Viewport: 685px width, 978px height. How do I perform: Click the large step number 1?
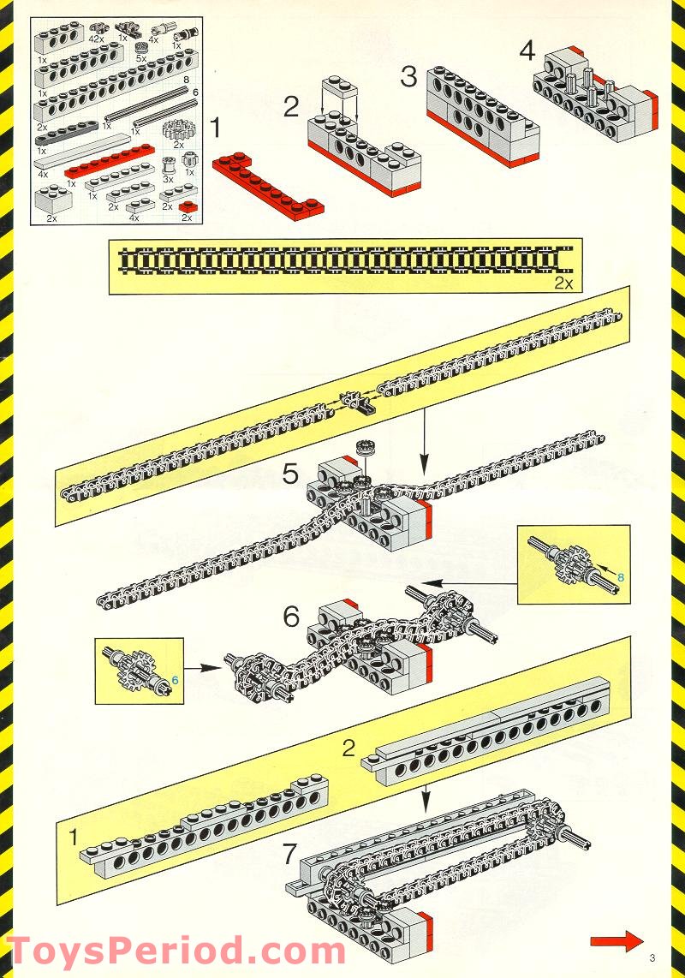click(216, 128)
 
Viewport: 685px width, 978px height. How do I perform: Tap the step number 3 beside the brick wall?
click(408, 77)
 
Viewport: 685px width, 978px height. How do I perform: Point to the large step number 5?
click(291, 474)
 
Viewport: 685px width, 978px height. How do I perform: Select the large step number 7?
click(289, 854)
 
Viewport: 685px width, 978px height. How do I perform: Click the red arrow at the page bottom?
click(616, 940)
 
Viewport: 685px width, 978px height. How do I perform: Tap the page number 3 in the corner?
click(652, 958)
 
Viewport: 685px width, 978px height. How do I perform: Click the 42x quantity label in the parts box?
click(97, 39)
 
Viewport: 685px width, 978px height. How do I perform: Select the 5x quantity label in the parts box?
click(141, 59)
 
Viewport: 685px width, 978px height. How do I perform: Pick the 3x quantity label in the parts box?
click(168, 180)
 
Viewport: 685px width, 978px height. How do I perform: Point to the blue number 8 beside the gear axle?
click(620, 577)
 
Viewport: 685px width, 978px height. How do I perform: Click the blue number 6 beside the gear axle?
click(175, 680)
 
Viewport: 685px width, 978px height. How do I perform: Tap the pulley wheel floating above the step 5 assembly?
click(365, 446)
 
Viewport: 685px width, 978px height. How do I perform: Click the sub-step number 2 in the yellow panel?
click(348, 748)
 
